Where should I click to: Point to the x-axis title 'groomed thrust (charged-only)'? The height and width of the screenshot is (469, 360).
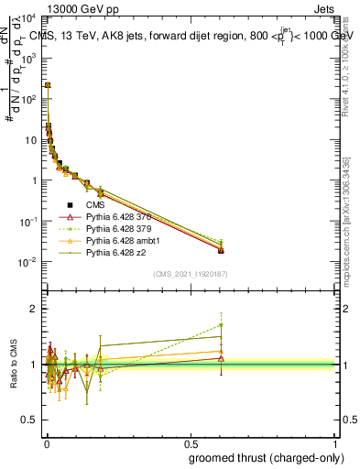tap(265, 456)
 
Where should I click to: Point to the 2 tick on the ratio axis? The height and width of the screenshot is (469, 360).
tap(38, 309)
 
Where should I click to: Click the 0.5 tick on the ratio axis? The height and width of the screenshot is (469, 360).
tap(34, 420)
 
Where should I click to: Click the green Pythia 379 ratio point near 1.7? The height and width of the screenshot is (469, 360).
tap(221, 324)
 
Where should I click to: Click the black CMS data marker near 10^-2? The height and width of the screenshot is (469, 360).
tap(221, 250)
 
